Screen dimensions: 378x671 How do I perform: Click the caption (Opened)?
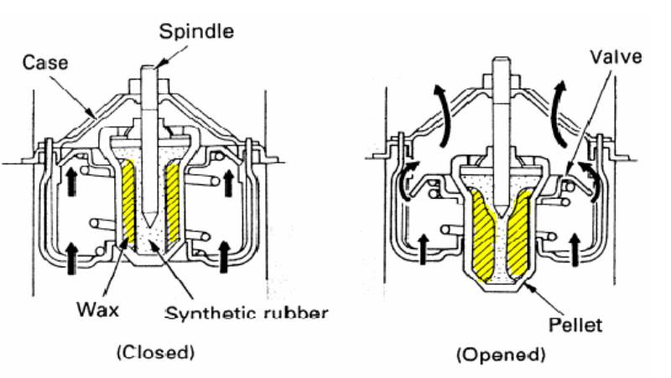(501, 355)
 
